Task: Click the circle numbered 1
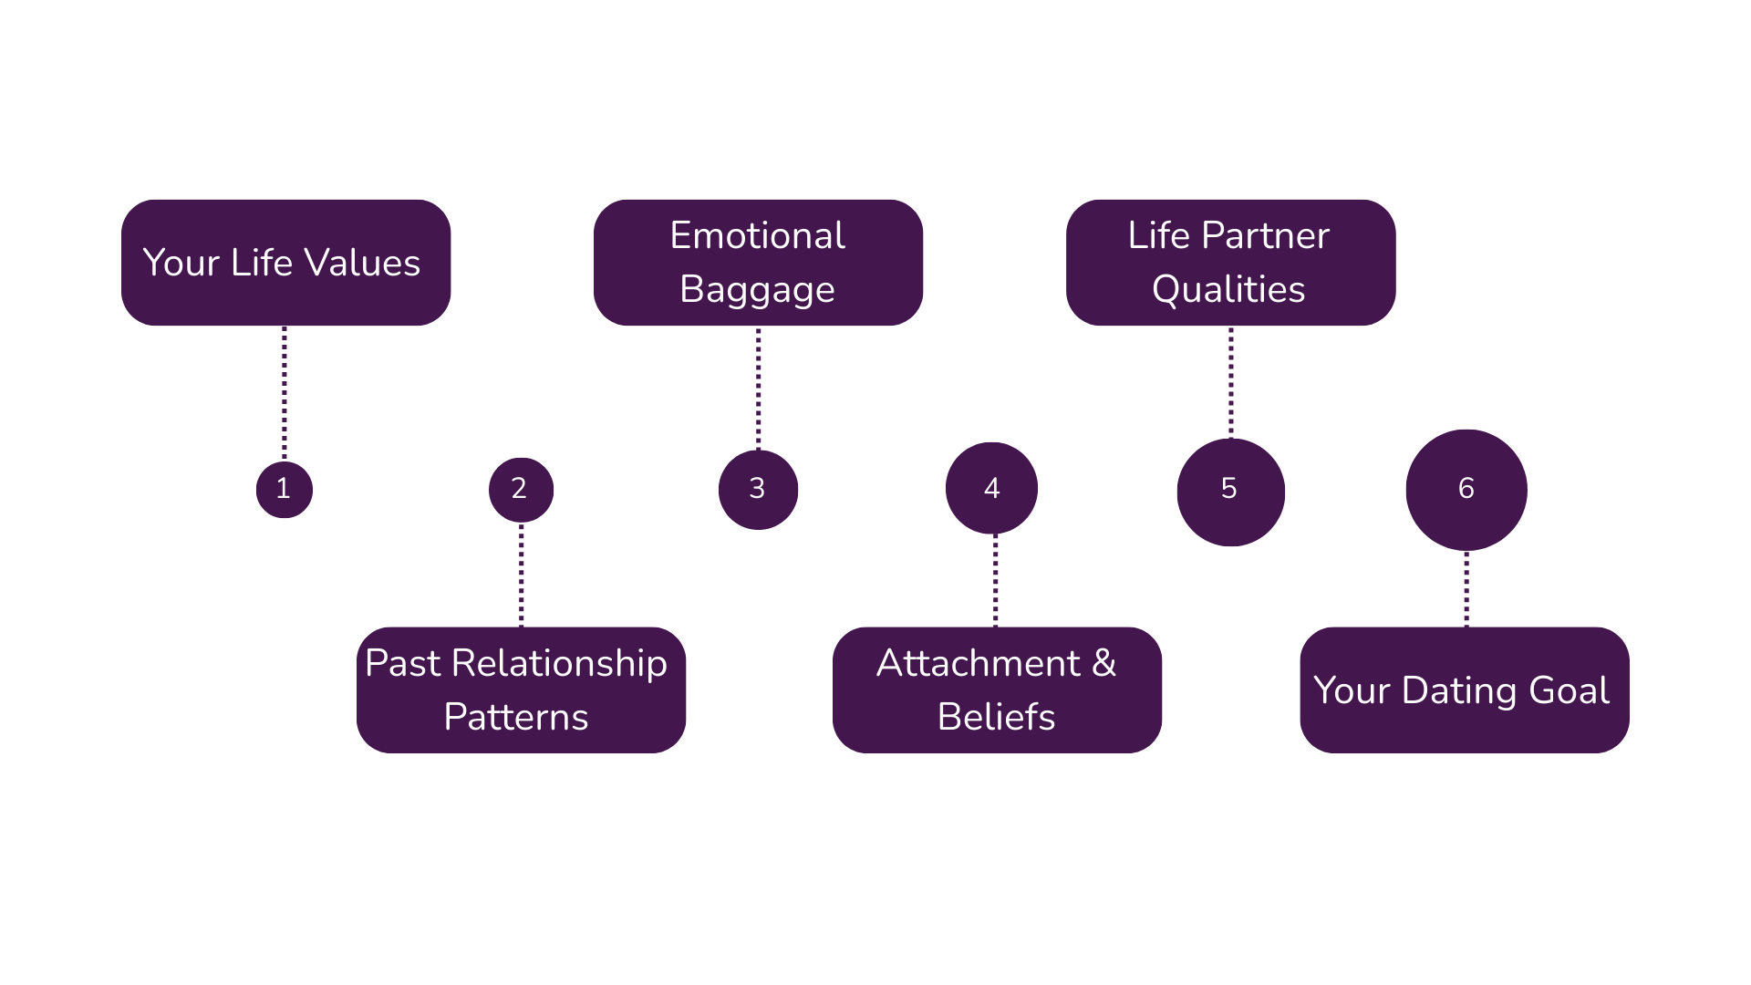pos(285,490)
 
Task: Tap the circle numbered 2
pos(521,490)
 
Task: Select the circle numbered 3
pos(758,490)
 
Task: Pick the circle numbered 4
pos(992,489)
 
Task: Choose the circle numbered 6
pos(1466,490)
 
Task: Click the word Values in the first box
pos(362,264)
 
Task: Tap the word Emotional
pos(758,236)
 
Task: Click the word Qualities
pos(1228,290)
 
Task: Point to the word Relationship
pos(559,664)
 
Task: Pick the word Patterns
pos(516,718)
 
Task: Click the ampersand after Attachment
pos(1103,663)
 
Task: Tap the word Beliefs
pos(996,718)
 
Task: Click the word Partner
pos(1265,236)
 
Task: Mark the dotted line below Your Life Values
pos(285,392)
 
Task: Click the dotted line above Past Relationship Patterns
pos(521,575)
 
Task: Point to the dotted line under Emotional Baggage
pos(758,388)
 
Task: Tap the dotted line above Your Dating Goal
pos(1466,588)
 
